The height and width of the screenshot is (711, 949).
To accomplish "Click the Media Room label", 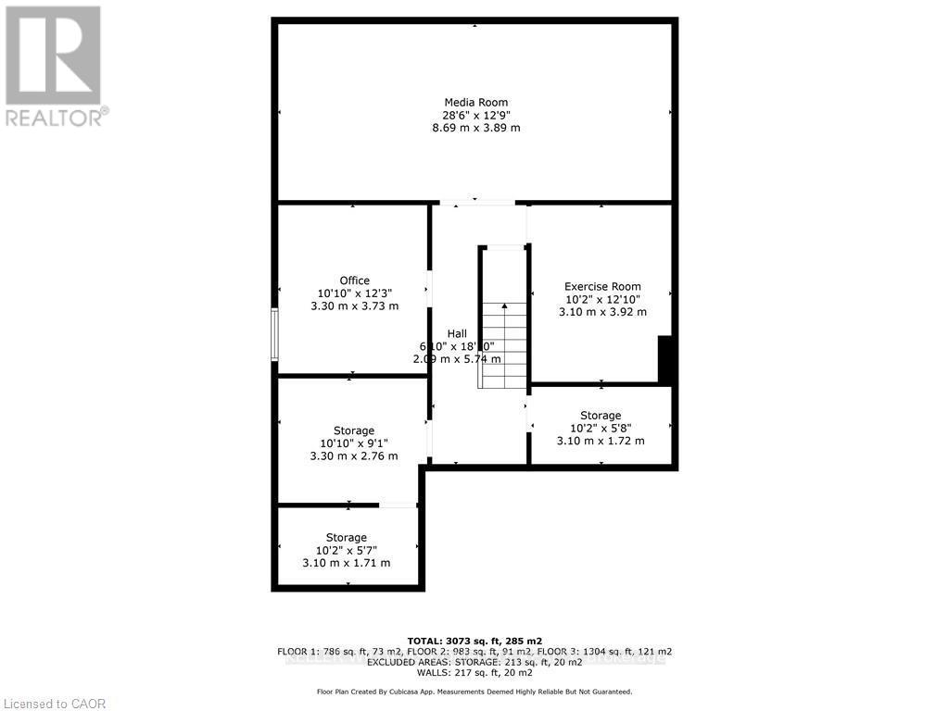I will coord(476,102).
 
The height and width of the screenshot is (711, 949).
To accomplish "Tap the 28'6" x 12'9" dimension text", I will coord(476,115).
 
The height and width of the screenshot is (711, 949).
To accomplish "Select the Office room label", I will coord(354,281).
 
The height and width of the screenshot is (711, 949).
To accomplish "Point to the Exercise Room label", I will coord(602,286).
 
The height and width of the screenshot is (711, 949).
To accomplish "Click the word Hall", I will coord(457,333).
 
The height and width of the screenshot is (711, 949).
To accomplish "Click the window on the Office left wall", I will coord(274,334).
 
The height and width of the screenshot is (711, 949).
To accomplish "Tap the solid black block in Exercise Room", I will coord(664,359).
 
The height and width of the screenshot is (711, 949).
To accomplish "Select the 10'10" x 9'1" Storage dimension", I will coord(354,443).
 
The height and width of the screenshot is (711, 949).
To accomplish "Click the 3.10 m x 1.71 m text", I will coord(347,563).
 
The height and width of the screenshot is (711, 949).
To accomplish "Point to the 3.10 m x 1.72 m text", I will coord(601,441).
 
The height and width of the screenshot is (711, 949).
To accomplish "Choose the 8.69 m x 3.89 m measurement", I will coord(476,128).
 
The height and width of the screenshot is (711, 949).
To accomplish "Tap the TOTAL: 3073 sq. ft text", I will coord(474,641).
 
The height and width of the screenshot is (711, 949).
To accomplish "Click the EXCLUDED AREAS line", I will coord(474,662).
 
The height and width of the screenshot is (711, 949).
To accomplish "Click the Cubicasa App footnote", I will coord(474,692).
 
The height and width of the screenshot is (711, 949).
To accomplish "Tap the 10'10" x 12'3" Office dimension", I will coord(354,293).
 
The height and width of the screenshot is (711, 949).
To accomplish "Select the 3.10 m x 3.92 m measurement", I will coord(602,312).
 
